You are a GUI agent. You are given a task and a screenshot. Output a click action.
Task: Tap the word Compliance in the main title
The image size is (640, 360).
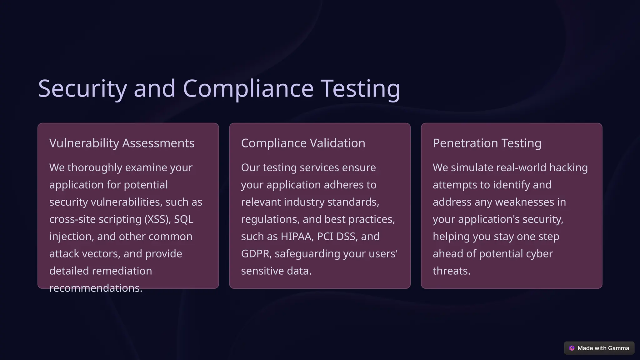tap(248, 88)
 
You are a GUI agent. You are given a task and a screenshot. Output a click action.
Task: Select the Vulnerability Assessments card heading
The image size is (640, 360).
tap(122, 143)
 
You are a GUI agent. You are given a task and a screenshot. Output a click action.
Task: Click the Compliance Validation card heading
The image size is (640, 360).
tap(303, 143)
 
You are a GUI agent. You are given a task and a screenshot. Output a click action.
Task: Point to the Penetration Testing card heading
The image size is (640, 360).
tap(487, 143)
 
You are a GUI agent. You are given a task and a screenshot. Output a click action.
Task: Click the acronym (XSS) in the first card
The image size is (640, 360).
tap(157, 219)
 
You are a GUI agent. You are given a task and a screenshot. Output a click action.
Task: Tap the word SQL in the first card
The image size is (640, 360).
tap(184, 219)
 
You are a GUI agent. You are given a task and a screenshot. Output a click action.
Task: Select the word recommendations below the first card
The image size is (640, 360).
tap(96, 288)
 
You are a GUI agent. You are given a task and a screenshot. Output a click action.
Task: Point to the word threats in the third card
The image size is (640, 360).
tap(451, 271)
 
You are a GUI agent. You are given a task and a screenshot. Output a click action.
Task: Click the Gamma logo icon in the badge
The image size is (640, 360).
tap(572, 348)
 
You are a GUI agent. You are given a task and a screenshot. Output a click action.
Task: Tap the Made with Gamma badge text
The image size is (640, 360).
tap(603, 348)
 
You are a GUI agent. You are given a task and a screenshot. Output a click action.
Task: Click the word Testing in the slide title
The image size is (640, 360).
tap(360, 88)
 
